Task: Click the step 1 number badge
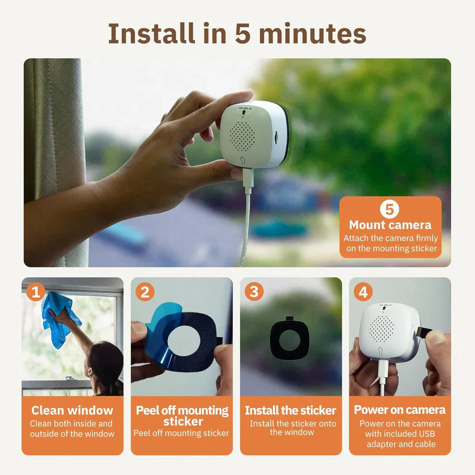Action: click(36, 291)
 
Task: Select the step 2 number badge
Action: click(145, 291)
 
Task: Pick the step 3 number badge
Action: click(254, 291)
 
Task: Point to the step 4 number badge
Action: click(363, 291)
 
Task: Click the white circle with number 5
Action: click(390, 209)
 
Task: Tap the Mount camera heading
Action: click(390, 225)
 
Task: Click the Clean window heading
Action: click(72, 410)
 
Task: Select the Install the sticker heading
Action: click(291, 410)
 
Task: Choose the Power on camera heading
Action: click(400, 410)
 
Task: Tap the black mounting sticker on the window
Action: click(289, 340)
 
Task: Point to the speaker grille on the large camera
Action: click(243, 136)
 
